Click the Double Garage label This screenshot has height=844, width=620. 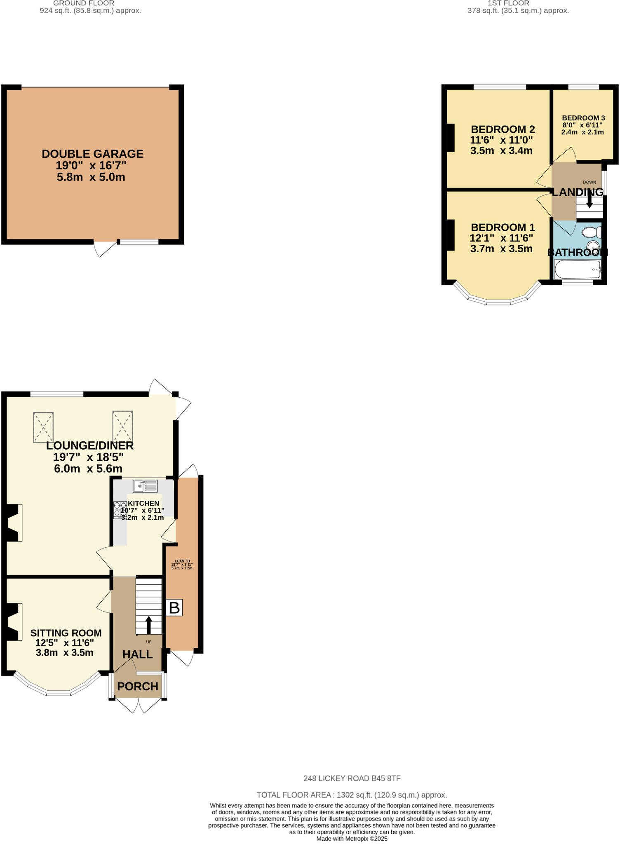point(92,154)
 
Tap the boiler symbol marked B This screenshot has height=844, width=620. point(174,608)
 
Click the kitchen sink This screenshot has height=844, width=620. point(145,486)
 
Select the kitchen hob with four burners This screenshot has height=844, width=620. point(120,509)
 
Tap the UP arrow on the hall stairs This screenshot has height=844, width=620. point(148,624)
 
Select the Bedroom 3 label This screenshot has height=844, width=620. point(583,118)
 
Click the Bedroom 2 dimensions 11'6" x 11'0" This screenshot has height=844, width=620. point(501,140)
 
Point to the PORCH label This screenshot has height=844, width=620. point(138,686)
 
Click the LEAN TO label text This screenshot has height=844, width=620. point(182,561)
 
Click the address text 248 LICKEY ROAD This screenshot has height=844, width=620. point(352,778)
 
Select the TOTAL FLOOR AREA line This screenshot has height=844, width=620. point(352,795)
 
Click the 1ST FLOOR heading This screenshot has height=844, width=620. point(508,3)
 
